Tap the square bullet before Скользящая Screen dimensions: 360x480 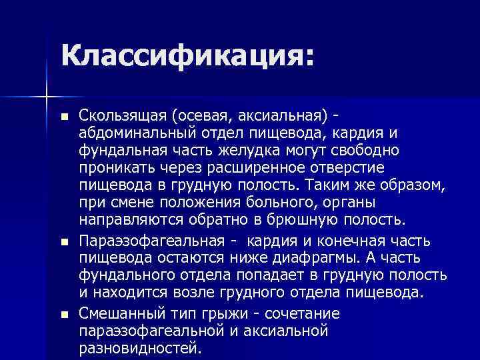click(63, 116)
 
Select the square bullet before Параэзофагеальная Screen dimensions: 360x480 click(63, 241)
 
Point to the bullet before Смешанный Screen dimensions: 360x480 click(63, 314)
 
